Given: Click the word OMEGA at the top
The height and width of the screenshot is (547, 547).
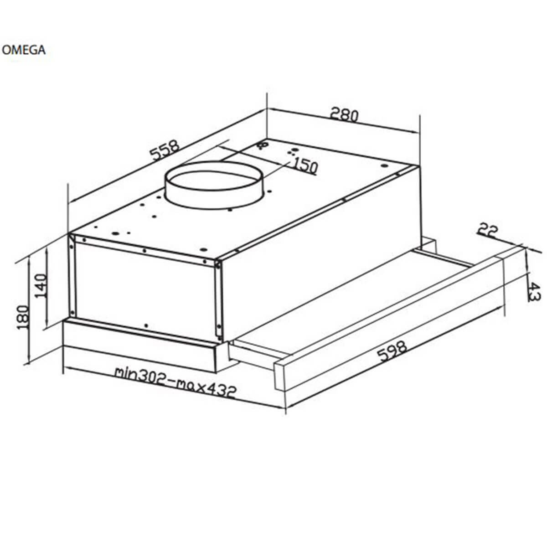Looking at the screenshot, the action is click(x=24, y=50).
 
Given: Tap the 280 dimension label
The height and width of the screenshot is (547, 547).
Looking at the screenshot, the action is click(x=344, y=115).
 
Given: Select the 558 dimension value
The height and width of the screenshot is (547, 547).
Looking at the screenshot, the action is click(x=165, y=150).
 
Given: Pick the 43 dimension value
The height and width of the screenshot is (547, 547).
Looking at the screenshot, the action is click(x=534, y=292).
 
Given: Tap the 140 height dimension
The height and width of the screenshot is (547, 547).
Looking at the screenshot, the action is click(x=41, y=285).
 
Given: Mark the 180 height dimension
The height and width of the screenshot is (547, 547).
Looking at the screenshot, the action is click(x=23, y=317).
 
